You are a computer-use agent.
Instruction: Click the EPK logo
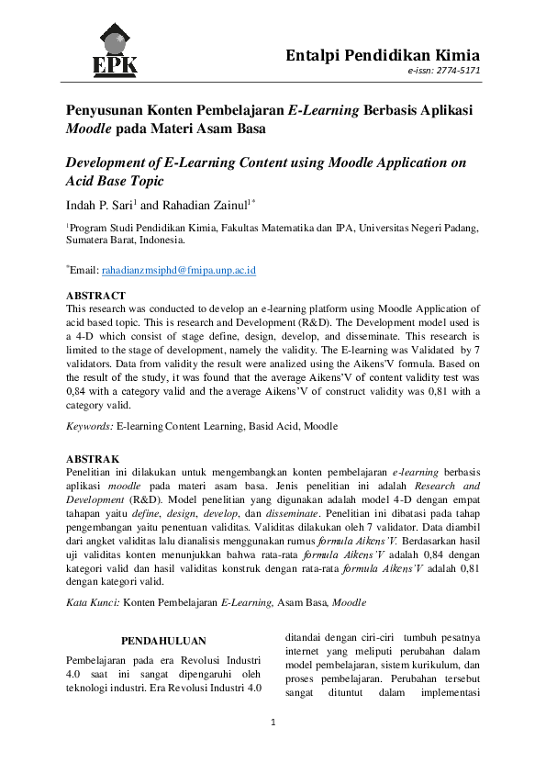pos(115,49)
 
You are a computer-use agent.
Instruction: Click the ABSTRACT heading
pos(95,296)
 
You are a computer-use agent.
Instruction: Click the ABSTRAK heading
pos(93,458)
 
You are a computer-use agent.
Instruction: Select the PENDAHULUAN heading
pos(163,641)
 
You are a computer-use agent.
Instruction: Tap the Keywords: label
pos(90,426)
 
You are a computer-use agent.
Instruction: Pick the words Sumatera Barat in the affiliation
pos(101,241)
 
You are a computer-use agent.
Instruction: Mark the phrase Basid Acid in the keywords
pos(274,426)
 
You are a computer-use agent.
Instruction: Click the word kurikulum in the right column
pos(424,666)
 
